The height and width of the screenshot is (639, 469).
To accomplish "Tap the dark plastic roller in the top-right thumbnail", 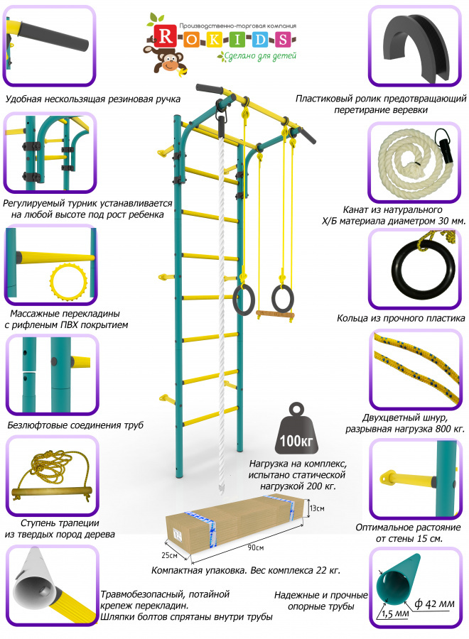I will (x=413, y=48).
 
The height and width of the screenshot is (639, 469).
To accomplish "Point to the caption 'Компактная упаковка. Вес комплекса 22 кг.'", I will (x=246, y=570).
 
